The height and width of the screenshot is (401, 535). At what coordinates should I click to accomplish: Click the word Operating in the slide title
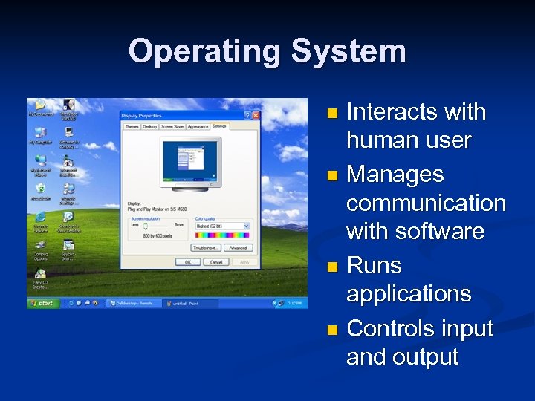click(x=204, y=52)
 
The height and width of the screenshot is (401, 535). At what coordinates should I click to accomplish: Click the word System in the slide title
click(x=348, y=52)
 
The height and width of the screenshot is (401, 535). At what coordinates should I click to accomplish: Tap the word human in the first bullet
click(x=378, y=140)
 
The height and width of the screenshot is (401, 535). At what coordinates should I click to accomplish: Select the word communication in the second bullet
click(x=426, y=203)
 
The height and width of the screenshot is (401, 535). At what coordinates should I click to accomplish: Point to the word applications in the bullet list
click(x=409, y=293)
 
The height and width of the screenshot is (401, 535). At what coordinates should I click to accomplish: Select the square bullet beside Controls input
click(x=332, y=330)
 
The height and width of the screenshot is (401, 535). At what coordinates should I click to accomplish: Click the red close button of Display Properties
click(x=256, y=116)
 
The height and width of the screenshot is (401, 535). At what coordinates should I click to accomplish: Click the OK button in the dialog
click(x=188, y=261)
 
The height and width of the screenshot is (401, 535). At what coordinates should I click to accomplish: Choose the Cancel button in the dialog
click(x=216, y=261)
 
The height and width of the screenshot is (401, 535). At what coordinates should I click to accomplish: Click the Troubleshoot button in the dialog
click(x=207, y=247)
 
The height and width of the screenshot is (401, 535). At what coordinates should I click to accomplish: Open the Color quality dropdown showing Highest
click(x=222, y=226)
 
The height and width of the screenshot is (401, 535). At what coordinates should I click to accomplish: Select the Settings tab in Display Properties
click(x=219, y=127)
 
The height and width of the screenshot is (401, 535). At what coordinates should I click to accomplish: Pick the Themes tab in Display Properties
click(x=132, y=127)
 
